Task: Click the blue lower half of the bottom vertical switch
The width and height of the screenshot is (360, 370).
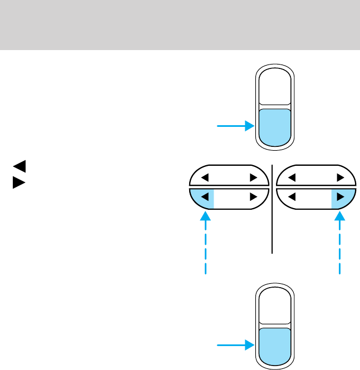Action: [x=274, y=345]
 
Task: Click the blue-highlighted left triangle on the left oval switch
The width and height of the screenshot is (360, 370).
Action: [x=204, y=196]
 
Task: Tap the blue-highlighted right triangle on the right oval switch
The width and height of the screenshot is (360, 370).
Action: [x=341, y=196]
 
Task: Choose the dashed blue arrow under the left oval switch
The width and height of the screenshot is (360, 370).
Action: [x=206, y=245]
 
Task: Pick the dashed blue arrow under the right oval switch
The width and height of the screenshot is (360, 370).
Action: [x=339, y=245]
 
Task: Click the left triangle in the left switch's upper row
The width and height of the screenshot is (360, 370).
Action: [x=204, y=178]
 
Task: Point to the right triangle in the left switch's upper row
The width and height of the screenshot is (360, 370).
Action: [x=253, y=178]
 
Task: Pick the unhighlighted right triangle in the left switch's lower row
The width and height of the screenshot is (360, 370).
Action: [x=253, y=196]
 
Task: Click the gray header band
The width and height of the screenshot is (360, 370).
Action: [x=180, y=25]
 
